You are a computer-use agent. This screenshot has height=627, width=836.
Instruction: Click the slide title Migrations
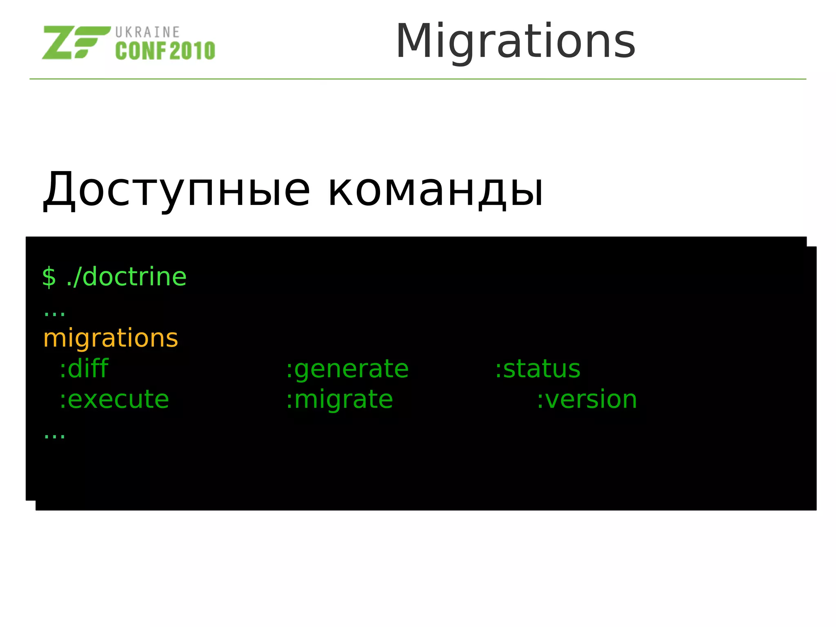click(515, 42)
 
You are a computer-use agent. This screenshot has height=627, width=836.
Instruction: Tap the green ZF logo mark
click(76, 42)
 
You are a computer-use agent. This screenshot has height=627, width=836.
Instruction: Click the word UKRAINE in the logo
click(147, 32)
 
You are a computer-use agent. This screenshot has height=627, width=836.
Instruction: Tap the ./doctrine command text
click(126, 277)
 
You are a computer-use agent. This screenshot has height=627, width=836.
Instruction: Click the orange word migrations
click(111, 338)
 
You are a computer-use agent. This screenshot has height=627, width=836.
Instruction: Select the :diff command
click(84, 369)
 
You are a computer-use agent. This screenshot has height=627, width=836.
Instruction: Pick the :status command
click(537, 369)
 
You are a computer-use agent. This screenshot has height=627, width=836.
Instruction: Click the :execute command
click(114, 399)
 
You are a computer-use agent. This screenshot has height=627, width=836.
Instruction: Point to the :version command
click(587, 399)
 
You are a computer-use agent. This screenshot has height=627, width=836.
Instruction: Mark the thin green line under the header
click(418, 79)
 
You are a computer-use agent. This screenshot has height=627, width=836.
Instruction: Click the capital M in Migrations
click(413, 41)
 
